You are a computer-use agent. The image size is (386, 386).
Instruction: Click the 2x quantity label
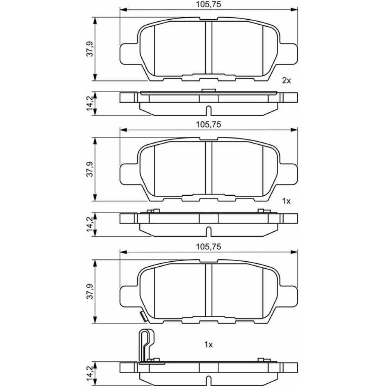click(286, 80)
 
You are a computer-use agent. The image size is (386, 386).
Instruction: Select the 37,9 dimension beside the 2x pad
click(90, 49)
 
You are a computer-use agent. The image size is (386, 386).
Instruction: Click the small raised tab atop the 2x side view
click(208, 91)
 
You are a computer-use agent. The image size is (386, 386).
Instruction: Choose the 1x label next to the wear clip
click(209, 345)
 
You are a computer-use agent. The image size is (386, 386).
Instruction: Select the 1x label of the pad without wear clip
click(286, 201)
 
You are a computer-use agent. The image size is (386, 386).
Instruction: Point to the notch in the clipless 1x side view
click(208, 232)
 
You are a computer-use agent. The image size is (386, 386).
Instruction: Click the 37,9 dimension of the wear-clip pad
click(90, 291)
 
